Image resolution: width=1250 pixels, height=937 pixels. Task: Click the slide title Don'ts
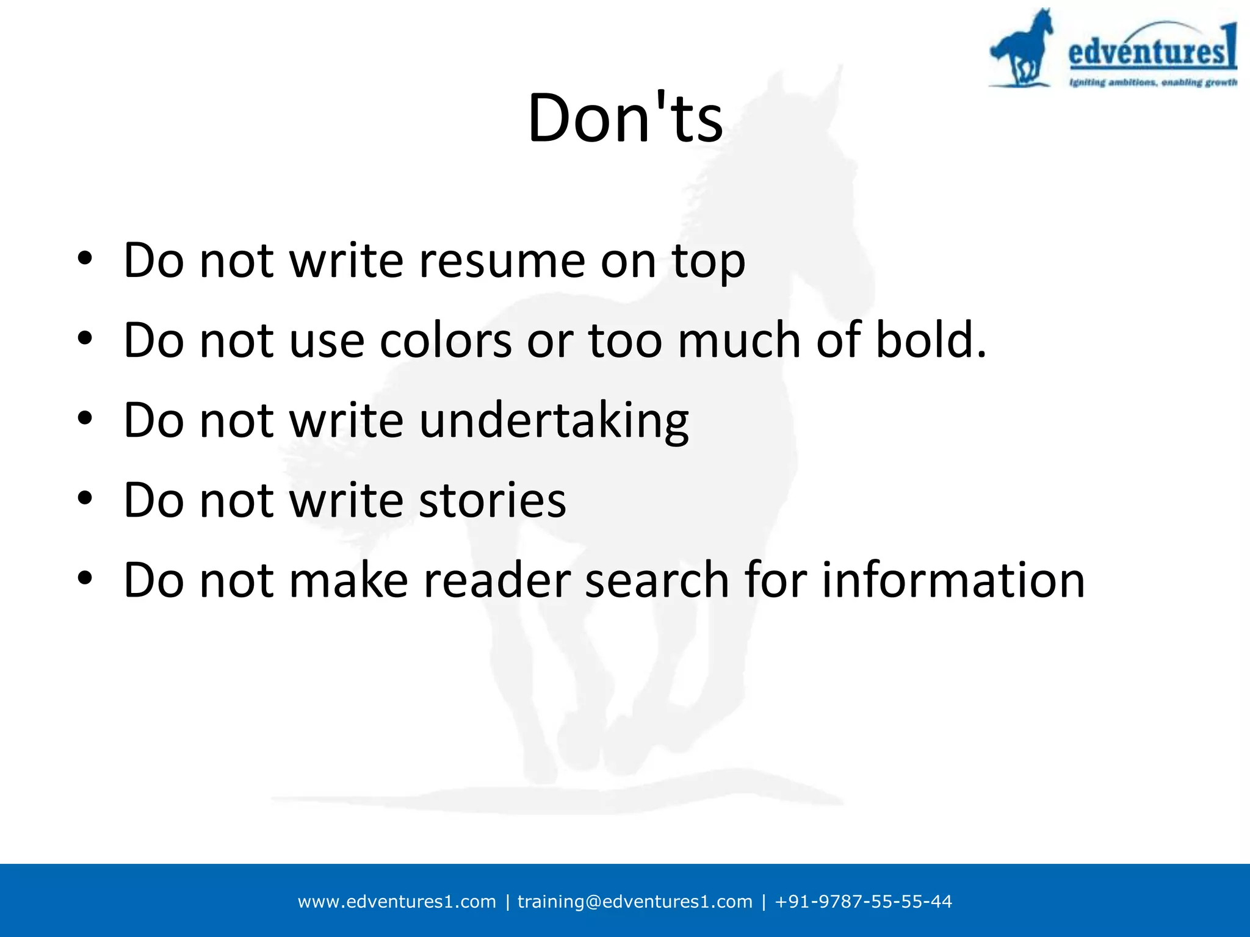tap(625, 118)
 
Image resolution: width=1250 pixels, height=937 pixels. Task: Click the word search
tap(657, 580)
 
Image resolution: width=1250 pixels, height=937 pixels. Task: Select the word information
tap(953, 580)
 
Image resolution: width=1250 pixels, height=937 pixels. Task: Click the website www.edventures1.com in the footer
tap(397, 902)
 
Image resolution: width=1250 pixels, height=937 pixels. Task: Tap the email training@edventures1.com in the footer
tap(635, 902)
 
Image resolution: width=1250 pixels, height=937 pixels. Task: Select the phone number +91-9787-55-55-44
tap(863, 902)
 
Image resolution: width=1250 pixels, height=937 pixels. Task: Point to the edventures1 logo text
tap(1151, 49)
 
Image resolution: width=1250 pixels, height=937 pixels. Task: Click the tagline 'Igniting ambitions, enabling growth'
tap(1152, 82)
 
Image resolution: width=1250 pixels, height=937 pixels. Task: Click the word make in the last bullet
tap(348, 580)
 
